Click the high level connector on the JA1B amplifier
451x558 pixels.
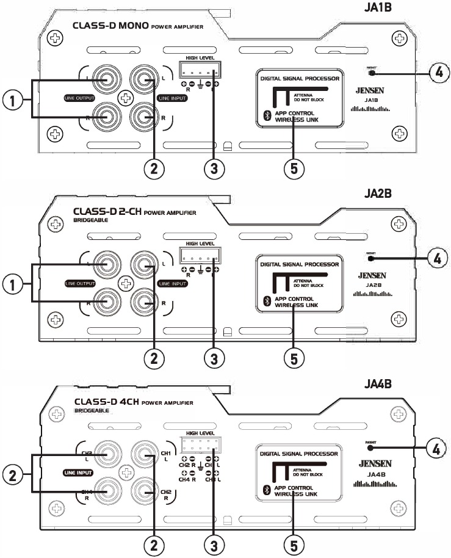[x=200, y=69]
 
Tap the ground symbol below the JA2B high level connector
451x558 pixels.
[x=200, y=269]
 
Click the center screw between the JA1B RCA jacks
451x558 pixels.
[x=126, y=96]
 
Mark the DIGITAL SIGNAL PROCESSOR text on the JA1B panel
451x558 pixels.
[x=299, y=79]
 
